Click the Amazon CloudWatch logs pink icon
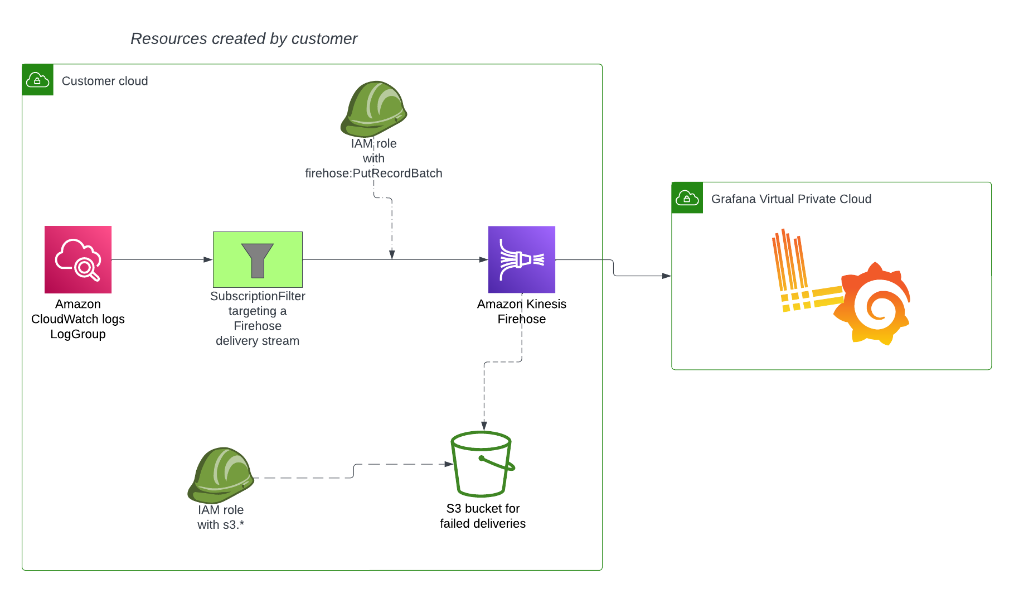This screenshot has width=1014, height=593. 78,259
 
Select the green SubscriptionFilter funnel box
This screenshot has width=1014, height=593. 258,259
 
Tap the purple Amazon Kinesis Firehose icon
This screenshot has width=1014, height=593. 521,259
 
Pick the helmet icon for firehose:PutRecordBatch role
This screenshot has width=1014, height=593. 373,109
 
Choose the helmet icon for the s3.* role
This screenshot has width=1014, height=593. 221,475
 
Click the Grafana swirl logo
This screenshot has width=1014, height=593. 872,304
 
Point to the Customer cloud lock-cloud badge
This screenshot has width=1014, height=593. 38,80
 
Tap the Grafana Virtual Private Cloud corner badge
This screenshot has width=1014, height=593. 687,197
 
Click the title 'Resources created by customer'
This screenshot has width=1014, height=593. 244,38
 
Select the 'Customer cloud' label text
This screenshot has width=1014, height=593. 105,81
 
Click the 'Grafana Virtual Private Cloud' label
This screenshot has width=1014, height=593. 791,199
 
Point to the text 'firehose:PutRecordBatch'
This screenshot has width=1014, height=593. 373,173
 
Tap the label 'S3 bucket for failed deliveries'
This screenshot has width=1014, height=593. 483,516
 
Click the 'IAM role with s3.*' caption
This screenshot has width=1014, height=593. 221,517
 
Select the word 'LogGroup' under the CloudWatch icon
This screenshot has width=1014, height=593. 78,334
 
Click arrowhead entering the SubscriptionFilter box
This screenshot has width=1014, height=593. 208,259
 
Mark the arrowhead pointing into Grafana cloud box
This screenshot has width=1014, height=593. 666,276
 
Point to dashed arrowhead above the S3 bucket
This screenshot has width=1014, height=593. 484,426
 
